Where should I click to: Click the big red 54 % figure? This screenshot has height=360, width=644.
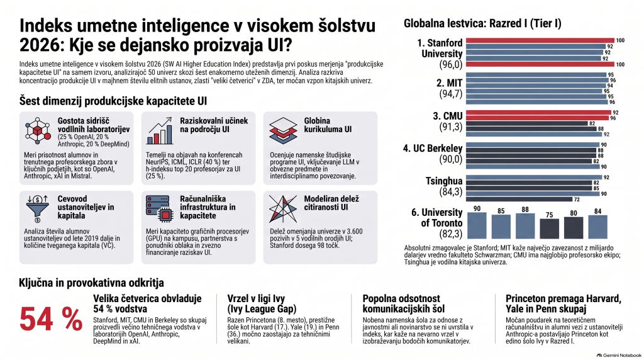[51, 319]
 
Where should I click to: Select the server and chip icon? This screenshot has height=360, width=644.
[158, 208]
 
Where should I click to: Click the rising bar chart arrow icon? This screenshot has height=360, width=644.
[159, 131]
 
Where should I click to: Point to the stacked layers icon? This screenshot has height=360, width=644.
[283, 130]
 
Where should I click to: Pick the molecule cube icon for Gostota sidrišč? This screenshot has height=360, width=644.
[38, 130]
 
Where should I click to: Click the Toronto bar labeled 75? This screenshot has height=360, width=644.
[549, 228]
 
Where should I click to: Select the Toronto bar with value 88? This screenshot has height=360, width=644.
[525, 225]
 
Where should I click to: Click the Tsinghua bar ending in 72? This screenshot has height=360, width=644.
[519, 200]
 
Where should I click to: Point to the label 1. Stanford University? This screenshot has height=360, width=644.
[440, 48]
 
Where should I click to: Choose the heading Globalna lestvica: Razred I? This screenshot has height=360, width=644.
[482, 23]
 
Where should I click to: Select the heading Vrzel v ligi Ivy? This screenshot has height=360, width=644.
[262, 304]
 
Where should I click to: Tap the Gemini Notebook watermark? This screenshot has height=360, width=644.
[619, 356]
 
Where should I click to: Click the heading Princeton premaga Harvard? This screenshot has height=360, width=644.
[563, 304]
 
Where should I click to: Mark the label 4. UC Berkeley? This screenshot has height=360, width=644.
[433, 149]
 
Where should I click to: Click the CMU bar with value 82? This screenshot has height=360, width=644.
[527, 124]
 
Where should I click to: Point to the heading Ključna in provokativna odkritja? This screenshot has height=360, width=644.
[91, 283]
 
